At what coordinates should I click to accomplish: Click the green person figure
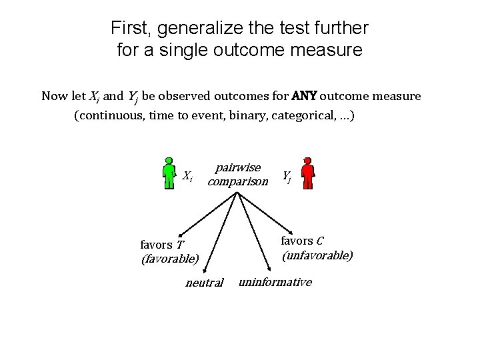[169, 174]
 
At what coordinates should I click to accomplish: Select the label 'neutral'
[204, 283]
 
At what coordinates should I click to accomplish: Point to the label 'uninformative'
[275, 282]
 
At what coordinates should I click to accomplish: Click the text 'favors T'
[163, 244]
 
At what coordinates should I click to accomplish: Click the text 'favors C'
[302, 241]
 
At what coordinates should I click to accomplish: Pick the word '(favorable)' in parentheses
[170, 258]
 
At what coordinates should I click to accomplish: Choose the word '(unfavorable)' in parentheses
[317, 255]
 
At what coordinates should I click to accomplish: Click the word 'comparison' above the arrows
[237, 181]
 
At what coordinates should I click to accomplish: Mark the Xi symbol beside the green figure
[188, 176]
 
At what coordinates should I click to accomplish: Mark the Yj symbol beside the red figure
[286, 176]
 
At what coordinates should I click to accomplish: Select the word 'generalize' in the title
[195, 29]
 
